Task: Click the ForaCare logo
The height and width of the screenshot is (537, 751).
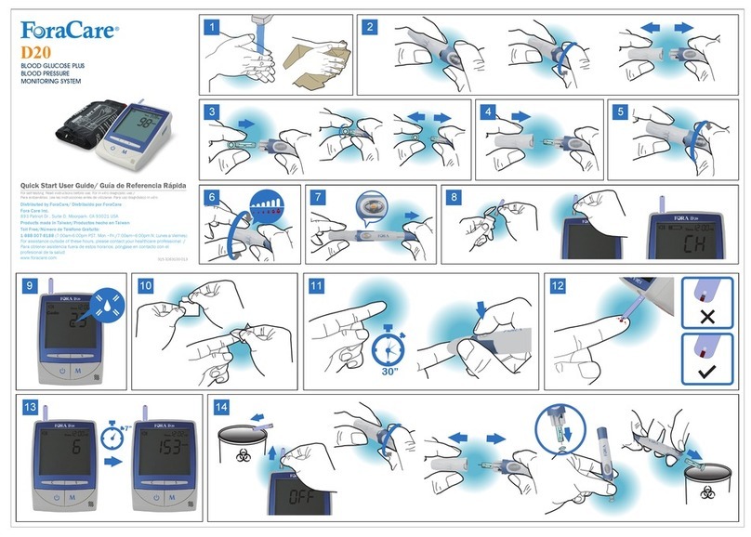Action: coord(70,32)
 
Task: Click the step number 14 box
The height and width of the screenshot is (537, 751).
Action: coord(221,407)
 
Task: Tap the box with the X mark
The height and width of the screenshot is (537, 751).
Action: coord(707,306)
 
